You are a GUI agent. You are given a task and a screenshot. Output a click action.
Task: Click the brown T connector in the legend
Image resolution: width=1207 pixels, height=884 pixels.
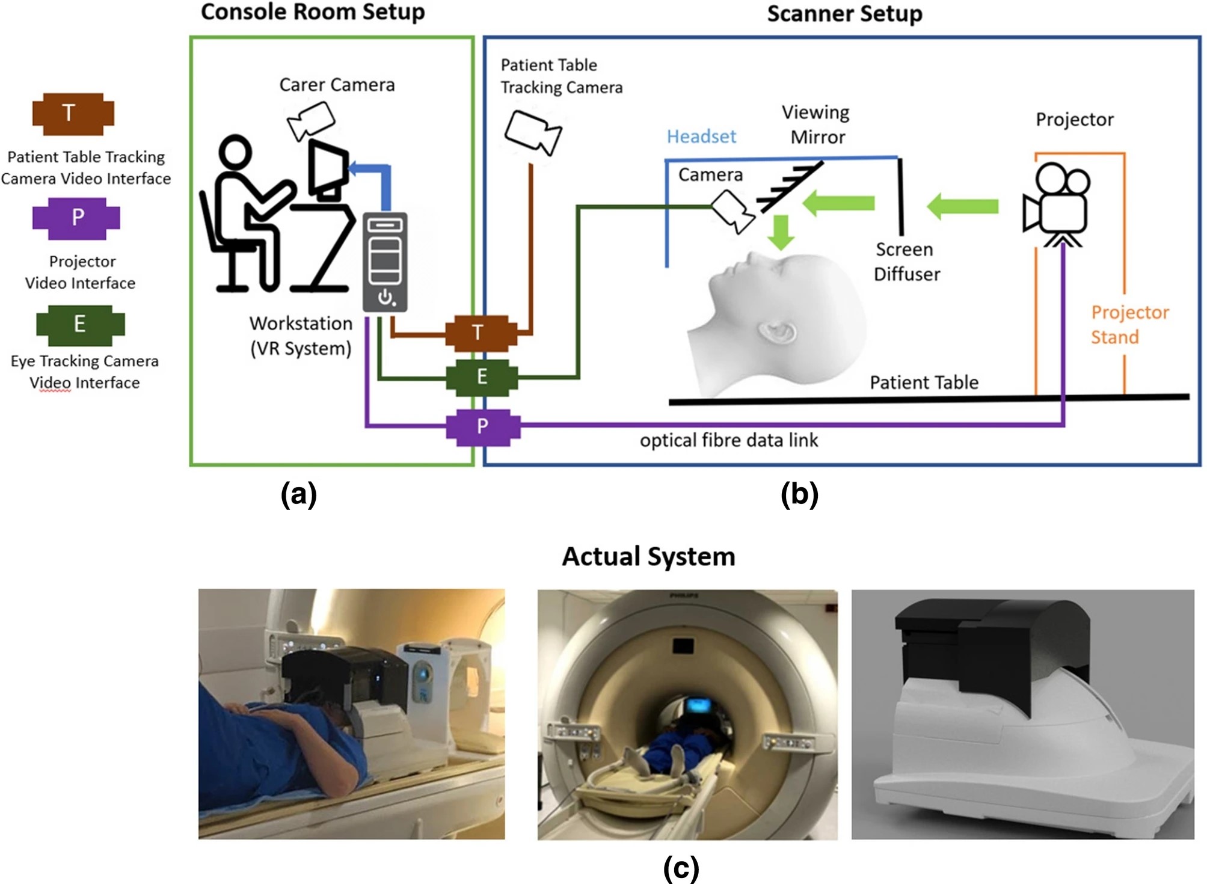tap(73, 114)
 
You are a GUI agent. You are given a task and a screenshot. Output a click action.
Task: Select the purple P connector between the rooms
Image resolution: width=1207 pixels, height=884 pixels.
tap(482, 427)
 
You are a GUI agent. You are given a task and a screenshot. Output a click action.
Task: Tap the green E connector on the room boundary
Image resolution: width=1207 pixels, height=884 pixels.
tap(482, 378)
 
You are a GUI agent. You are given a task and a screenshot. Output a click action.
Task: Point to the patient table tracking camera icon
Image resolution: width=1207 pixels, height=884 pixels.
tap(532, 132)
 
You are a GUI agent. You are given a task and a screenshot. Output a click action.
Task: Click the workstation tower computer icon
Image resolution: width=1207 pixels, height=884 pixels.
tap(385, 262)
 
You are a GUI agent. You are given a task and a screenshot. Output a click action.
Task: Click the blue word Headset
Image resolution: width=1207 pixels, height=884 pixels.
tap(701, 137)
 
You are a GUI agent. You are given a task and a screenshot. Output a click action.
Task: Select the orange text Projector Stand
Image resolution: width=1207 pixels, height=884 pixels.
tap(1129, 325)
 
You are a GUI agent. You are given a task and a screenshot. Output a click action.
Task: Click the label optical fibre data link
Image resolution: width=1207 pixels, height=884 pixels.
tap(728, 441)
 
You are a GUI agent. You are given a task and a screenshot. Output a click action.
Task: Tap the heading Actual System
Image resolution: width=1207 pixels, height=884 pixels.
tap(648, 557)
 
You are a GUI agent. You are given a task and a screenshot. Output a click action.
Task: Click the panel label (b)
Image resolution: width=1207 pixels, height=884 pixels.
tap(799, 495)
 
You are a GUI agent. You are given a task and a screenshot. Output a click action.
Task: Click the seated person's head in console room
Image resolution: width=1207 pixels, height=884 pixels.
tap(235, 152)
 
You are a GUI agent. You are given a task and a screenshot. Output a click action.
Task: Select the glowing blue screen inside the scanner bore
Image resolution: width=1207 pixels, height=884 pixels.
tap(698, 704)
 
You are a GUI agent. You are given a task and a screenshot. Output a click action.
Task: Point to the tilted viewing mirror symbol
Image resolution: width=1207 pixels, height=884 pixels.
tap(790, 187)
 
